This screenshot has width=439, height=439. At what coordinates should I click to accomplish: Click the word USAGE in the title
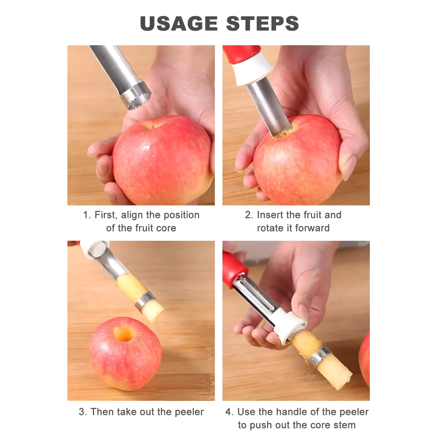[179, 23]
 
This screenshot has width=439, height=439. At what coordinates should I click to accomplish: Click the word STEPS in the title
[262, 23]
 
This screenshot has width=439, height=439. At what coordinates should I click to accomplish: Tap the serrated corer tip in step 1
[136, 96]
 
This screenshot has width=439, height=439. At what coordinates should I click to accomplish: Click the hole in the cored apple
[124, 334]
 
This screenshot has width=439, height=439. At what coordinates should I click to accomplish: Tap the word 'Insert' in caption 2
[271, 215]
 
